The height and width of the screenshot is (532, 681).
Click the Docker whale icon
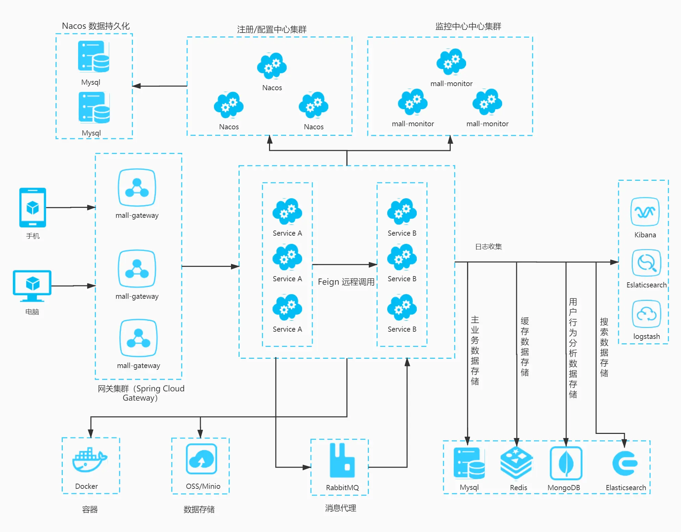point(89,460)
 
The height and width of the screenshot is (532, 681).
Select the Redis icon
point(516,463)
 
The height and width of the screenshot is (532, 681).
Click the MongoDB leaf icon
point(566,463)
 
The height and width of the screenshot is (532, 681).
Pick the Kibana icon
point(645,212)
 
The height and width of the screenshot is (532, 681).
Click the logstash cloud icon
point(646,314)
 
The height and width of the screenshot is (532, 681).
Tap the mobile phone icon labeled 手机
point(33,207)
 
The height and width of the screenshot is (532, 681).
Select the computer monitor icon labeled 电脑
point(32,285)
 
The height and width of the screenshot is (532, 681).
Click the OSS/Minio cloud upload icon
point(202,459)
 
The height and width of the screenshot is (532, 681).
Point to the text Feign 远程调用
point(346,282)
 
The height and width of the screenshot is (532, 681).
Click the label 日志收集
point(488,247)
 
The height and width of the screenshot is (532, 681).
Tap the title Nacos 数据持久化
point(96,26)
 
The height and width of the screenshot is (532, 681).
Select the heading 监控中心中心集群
point(468,26)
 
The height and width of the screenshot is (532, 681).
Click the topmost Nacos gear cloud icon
point(272,66)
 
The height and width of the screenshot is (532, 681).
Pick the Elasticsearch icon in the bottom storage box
point(624,463)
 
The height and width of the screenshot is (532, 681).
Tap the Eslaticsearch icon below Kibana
point(646,263)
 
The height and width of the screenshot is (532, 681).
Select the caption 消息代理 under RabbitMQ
point(340,508)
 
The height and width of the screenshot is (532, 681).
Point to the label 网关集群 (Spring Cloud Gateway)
point(141,393)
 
